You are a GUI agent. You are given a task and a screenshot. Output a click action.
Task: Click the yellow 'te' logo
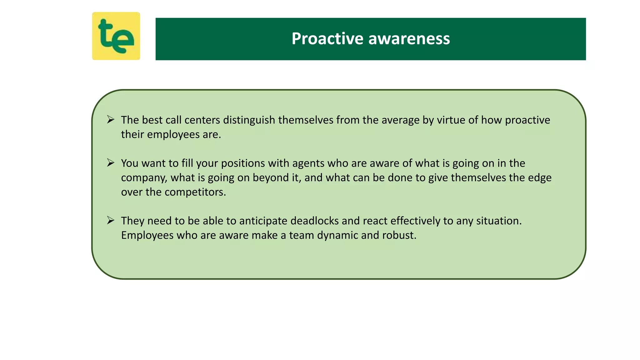pyautogui.click(x=116, y=36)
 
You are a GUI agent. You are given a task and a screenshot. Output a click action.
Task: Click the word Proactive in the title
pyautogui.click(x=327, y=39)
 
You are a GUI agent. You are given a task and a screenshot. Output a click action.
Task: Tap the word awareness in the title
pyautogui.click(x=409, y=39)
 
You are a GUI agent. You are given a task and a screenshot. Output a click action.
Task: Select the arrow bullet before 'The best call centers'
pyautogui.click(x=111, y=119)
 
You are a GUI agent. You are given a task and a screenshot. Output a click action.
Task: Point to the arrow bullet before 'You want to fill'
pyautogui.click(x=111, y=162)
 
